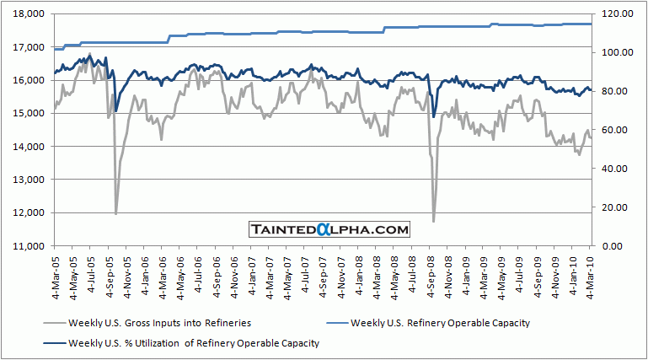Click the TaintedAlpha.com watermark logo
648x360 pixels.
tap(329, 229)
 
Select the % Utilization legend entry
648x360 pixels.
tap(194, 342)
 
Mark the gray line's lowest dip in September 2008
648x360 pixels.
tap(434, 222)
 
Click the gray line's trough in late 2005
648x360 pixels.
tap(115, 213)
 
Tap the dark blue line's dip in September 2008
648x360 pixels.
tap(434, 116)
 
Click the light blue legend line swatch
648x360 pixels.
tap(330, 323)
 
